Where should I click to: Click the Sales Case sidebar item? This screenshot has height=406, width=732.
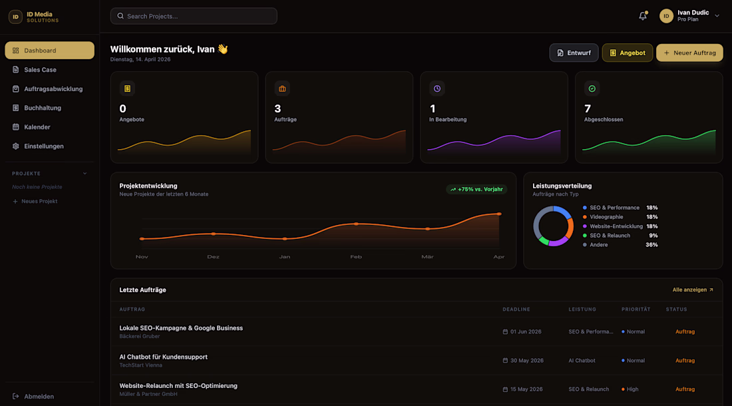point(40,70)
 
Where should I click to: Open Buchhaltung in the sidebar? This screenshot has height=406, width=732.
point(43,108)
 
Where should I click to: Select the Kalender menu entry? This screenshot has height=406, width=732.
point(37,127)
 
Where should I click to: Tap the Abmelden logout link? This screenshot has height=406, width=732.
point(39,397)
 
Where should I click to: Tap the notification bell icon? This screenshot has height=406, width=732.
point(643,16)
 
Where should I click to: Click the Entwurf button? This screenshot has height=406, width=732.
point(574,53)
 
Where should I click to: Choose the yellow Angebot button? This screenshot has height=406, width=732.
point(627,53)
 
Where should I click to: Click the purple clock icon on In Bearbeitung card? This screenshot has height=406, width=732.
point(437,89)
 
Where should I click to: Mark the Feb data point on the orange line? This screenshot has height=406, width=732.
point(356,224)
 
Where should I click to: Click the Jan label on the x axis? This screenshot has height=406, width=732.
point(285,257)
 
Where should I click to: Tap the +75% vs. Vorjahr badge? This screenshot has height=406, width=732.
point(476,189)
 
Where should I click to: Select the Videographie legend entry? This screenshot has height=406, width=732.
point(606,217)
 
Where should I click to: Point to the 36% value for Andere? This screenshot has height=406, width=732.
point(651,245)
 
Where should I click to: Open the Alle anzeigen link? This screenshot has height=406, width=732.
point(693,290)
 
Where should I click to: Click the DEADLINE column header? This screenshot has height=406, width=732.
point(516,309)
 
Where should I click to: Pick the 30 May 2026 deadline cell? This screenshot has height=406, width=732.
point(526,361)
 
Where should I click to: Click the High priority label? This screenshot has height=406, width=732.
point(632,389)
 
